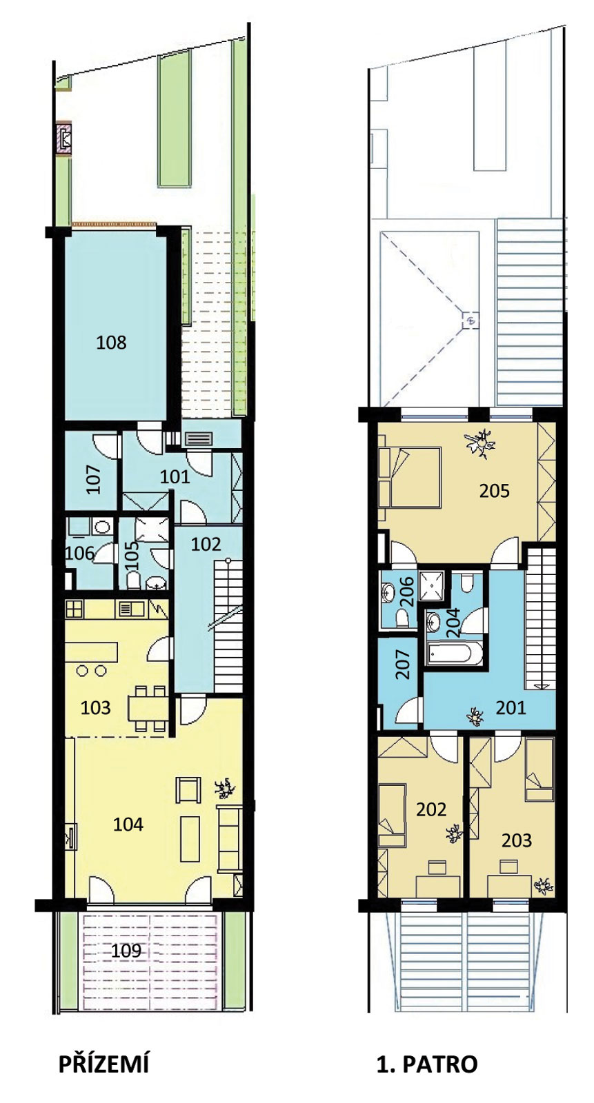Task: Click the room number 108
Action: click(x=111, y=342)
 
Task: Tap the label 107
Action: click(x=94, y=479)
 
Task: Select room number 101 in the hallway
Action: click(x=175, y=476)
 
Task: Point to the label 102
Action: click(x=206, y=544)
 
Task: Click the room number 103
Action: click(x=96, y=707)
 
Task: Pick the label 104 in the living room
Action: click(x=128, y=824)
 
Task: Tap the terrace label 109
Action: click(x=126, y=951)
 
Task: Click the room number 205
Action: click(x=495, y=491)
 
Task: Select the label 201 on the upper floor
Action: click(x=511, y=707)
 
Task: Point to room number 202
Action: click(x=431, y=809)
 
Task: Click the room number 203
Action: click(x=517, y=840)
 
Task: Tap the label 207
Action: click(x=403, y=665)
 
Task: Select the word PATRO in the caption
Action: click(x=440, y=1064)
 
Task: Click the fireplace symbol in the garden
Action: click(x=65, y=138)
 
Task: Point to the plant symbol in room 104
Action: click(x=226, y=789)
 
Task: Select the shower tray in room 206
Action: click(x=431, y=585)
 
